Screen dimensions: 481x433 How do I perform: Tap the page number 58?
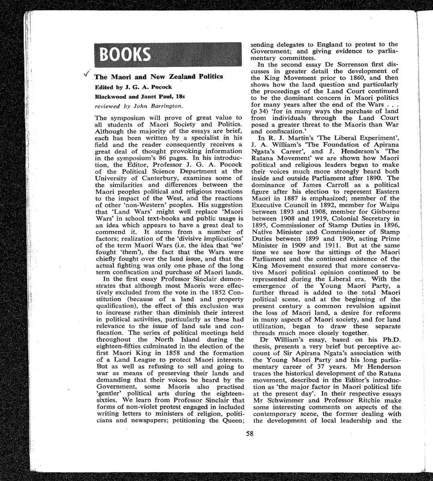pyautogui.click(x=250, y=433)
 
